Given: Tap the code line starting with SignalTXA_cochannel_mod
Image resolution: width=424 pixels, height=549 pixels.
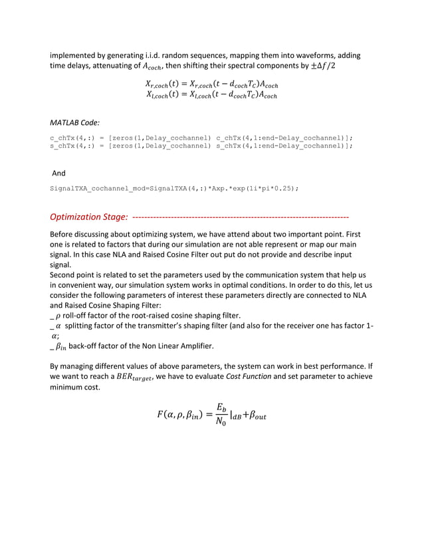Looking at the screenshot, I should pyautogui.click(x=175, y=188).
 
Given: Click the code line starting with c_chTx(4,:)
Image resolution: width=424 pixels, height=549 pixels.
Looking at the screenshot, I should pyautogui.click(x=201, y=138).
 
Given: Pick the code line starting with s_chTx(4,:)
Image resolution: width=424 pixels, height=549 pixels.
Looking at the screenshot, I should pyautogui.click(x=201, y=144).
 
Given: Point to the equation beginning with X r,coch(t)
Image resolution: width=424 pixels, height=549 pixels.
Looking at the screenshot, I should pyautogui.click(x=211, y=84).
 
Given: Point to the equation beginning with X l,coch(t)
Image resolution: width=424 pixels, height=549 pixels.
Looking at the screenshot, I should pyautogui.click(x=211, y=95).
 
